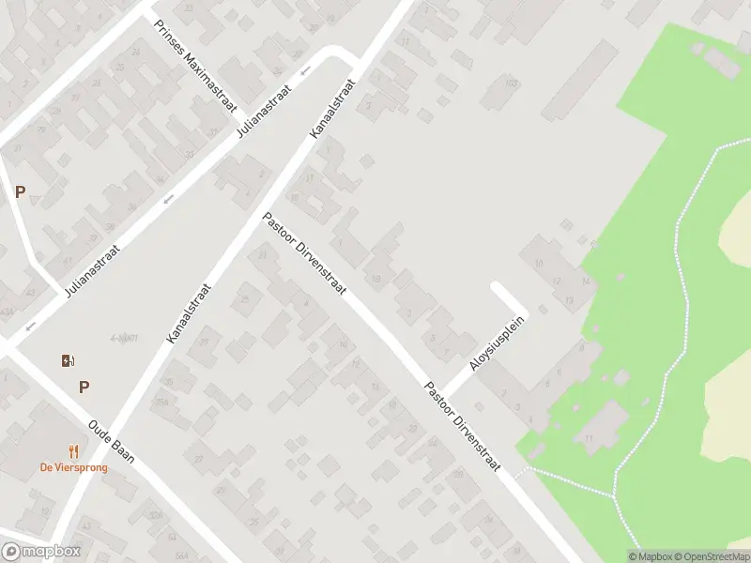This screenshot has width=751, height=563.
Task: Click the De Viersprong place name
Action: (x=73, y=467)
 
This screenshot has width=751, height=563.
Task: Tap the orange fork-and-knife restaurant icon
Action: (x=72, y=451)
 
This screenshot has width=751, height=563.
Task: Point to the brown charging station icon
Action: (x=68, y=360)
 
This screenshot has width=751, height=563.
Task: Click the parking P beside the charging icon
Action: (x=84, y=386)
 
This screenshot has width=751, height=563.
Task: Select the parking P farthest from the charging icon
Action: (x=20, y=191)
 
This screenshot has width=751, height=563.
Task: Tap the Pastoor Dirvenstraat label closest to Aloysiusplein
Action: (x=463, y=427)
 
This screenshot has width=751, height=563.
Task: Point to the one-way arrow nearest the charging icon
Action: (x=30, y=327)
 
